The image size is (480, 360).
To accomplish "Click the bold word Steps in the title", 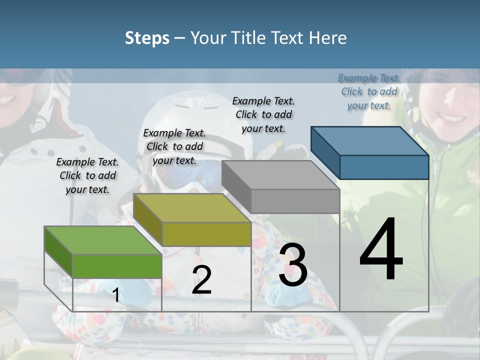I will (x=147, y=38).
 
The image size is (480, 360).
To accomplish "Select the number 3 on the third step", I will (x=293, y=265).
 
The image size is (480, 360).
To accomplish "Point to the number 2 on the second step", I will (x=201, y=280).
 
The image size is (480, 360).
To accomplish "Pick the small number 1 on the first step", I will (x=115, y=295).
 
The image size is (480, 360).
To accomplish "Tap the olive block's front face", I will (x=206, y=233).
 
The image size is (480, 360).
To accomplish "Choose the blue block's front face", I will (x=383, y=167).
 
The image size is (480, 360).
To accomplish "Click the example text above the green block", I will (x=87, y=175).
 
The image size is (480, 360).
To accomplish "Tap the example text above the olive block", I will (x=174, y=146).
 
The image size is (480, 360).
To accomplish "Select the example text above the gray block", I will (x=263, y=114).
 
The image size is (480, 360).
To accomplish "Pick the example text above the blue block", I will (x=369, y=91).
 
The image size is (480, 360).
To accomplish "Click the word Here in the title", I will (x=328, y=38).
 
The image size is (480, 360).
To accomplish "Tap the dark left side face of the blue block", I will (x=325, y=152).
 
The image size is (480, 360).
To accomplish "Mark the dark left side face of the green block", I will (x=58, y=252).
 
